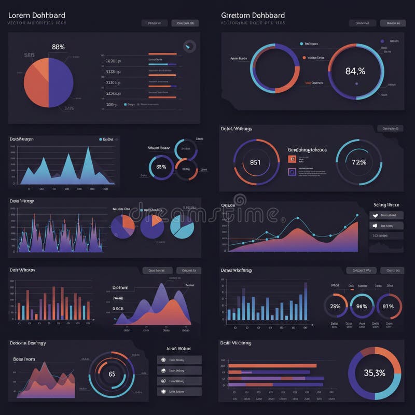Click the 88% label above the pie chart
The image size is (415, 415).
point(59,47)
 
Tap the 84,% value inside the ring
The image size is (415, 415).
point(355,71)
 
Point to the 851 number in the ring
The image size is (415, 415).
point(255,162)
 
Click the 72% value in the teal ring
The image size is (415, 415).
point(359,162)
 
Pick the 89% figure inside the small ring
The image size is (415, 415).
point(161,167)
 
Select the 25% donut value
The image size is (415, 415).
point(335,306)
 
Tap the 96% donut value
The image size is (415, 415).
point(362,306)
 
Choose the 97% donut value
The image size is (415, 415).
point(388,306)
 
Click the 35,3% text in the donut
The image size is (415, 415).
point(374,372)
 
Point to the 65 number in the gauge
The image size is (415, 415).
point(112,374)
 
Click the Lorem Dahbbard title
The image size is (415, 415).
point(36,16)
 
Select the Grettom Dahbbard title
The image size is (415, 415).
point(253,16)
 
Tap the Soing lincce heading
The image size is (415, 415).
point(386,205)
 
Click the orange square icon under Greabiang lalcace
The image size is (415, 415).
point(292,159)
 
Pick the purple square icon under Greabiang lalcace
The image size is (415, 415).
point(292,171)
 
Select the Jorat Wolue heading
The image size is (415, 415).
point(178,349)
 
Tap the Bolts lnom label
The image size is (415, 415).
point(24,359)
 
